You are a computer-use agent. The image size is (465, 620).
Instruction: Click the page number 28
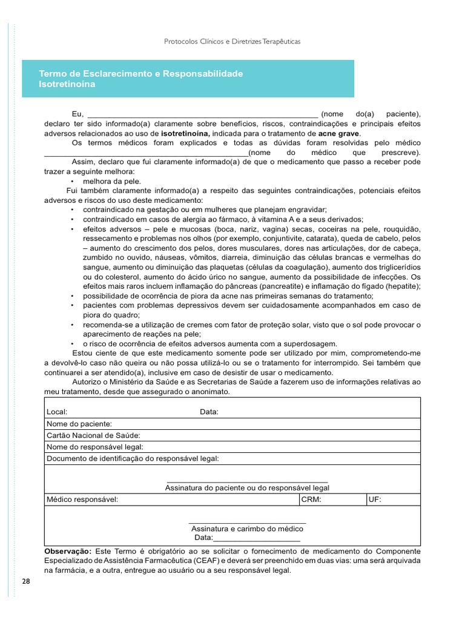click(25, 582)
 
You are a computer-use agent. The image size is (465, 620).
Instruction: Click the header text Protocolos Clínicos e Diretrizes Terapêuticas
click(232, 42)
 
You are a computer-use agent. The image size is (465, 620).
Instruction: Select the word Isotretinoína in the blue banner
click(67, 84)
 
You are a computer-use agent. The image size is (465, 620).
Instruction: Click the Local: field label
click(57, 412)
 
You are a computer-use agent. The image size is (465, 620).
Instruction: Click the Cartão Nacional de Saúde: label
click(94, 435)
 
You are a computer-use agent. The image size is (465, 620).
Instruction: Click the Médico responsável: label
click(82, 500)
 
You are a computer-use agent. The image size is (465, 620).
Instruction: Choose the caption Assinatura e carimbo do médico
click(247, 529)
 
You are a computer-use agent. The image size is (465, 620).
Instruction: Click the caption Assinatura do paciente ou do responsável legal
click(247, 487)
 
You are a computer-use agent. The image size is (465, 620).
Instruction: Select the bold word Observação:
click(68, 552)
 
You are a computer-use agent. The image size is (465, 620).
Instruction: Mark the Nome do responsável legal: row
click(95, 447)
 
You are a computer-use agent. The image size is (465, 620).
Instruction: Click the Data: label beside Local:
click(209, 412)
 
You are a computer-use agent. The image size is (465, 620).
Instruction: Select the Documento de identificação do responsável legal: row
click(133, 458)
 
